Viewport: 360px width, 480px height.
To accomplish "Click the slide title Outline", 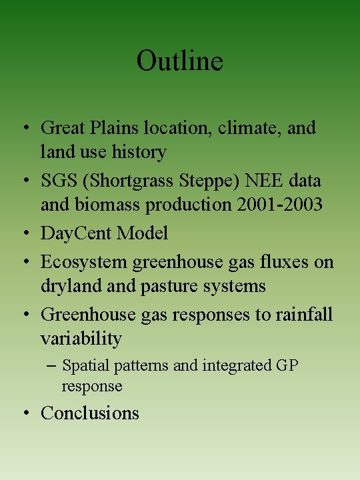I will click(x=179, y=61).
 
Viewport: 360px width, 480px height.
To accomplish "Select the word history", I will click(x=141, y=153).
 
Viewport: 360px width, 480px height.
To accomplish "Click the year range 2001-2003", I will click(x=279, y=205).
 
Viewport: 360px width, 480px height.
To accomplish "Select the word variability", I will click(x=81, y=339).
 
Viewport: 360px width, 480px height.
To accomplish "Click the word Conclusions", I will click(x=90, y=413).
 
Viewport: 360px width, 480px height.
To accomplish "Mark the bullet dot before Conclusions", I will click(x=25, y=413).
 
